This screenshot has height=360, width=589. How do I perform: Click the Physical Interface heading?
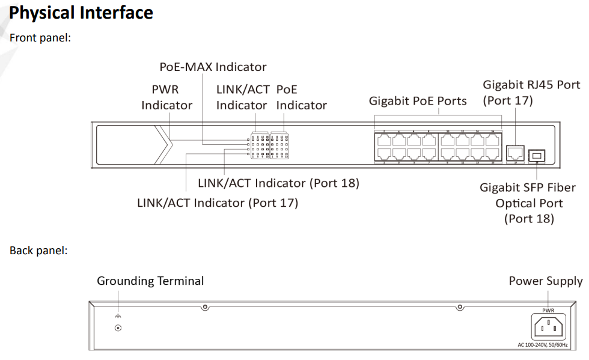pos(81,13)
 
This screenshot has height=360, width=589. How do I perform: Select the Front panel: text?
pos(40,38)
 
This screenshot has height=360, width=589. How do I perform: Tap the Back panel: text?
pos(38,250)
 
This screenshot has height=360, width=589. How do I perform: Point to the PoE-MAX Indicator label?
pos(213,67)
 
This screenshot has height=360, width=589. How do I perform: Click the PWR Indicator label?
pos(166,97)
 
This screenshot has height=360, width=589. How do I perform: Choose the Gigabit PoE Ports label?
pos(418,101)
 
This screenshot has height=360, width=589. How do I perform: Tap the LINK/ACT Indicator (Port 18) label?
pos(278,183)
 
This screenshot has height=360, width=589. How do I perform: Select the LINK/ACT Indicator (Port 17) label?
pos(218,203)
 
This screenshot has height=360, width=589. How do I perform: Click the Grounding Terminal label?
pos(150,281)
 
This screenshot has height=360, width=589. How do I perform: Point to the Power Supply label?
pos(545,281)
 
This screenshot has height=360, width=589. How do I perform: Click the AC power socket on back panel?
pos(548,328)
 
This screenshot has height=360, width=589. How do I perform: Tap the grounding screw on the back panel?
pos(118,328)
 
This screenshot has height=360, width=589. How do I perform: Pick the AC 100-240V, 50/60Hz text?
pos(543,345)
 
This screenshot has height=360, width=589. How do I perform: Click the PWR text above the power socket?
pos(548,310)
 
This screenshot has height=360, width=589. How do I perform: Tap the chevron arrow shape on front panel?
pos(163,144)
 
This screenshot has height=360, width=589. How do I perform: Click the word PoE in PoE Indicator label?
pos(287,90)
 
